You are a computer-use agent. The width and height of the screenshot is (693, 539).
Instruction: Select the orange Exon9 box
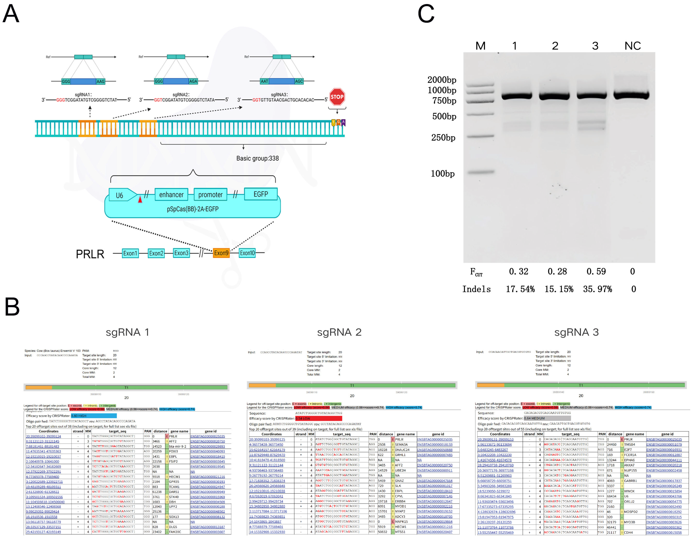(x=221, y=253)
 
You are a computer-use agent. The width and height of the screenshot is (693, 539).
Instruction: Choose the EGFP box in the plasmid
(x=261, y=194)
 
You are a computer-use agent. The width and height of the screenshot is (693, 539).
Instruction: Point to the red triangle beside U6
(x=140, y=199)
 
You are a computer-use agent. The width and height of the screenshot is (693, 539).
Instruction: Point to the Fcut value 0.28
(x=557, y=271)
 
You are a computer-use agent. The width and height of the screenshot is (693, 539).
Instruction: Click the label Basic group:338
(x=257, y=158)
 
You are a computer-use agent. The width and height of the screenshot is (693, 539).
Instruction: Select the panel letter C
(x=426, y=14)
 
